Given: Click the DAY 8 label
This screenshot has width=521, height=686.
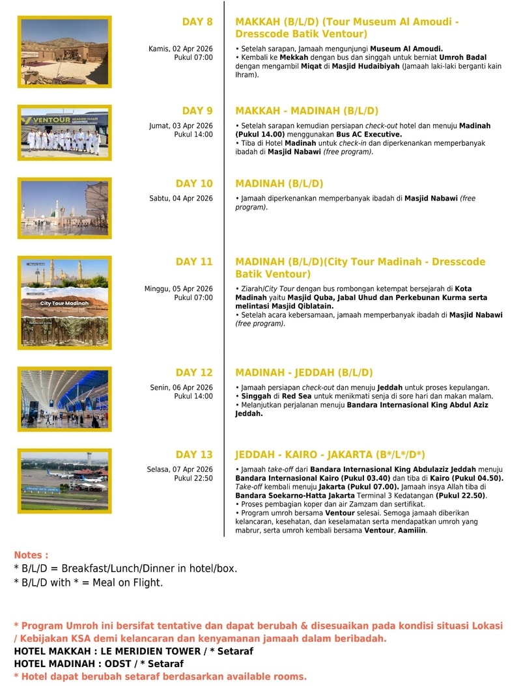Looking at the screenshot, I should click(x=197, y=22).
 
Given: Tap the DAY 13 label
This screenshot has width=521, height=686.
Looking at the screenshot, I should click(x=194, y=454).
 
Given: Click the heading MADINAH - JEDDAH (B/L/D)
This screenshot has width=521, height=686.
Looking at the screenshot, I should click(x=303, y=373).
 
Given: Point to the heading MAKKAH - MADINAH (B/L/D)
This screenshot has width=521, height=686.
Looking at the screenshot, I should click(x=306, y=111).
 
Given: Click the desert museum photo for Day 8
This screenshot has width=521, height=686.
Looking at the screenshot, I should click(x=64, y=51).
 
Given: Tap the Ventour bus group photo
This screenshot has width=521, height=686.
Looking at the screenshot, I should click(x=64, y=133).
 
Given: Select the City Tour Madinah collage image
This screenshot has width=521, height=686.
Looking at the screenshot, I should click(x=64, y=303).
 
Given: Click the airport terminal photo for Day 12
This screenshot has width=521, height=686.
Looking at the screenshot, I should click(x=64, y=399).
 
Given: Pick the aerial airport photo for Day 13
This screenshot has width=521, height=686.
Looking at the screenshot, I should click(x=64, y=476).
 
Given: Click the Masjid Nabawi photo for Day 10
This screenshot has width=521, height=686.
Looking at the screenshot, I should click(x=64, y=208).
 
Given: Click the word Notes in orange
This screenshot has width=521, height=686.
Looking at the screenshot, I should click(x=31, y=555).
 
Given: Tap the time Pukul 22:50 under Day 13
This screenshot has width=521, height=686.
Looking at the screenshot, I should click(x=193, y=478).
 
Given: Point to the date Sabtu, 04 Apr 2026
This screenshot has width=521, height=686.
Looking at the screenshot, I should click(x=181, y=198).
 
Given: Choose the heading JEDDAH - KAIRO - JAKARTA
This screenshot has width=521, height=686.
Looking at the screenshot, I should click(x=330, y=454).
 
